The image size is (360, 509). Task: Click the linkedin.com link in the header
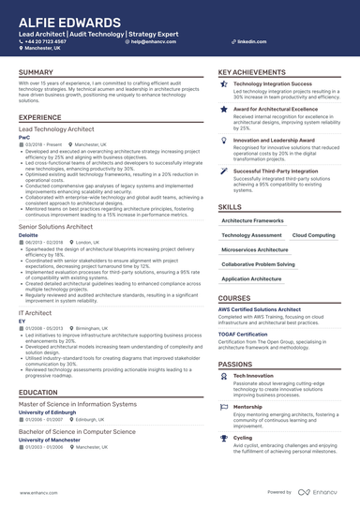(247, 42)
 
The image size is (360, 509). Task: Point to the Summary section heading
(36, 72)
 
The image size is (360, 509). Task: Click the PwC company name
(23, 137)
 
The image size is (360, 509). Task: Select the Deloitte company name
(28, 234)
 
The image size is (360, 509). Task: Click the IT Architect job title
(34, 311)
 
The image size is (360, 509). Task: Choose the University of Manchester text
(51, 439)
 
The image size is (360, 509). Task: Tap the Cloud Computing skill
(313, 235)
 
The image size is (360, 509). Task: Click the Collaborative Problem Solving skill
(260, 264)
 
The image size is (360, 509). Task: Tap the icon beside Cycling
(224, 438)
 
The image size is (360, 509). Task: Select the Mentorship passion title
(247, 406)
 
